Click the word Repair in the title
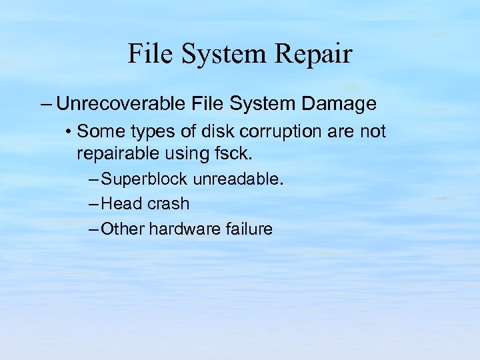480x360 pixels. (315, 54)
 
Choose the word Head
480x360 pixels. (122, 204)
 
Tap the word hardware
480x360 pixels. (182, 229)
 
